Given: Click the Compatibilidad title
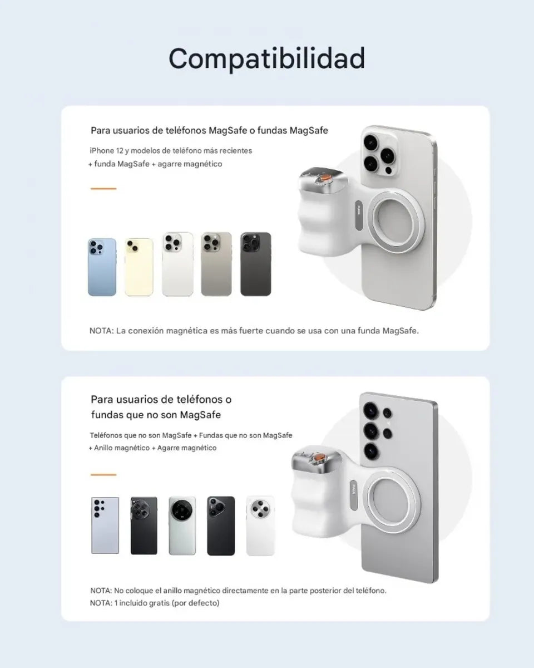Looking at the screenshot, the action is (x=267, y=58).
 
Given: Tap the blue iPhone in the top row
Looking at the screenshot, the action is (x=102, y=267).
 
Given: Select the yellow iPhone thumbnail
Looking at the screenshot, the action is (x=139, y=267).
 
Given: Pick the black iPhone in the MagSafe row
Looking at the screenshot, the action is (x=256, y=264).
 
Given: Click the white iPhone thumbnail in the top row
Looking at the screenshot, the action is (x=177, y=264).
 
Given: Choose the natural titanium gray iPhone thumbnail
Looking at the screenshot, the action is (x=216, y=264).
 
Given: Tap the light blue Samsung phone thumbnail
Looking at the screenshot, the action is (x=105, y=525).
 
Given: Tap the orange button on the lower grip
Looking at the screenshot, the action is (x=320, y=458).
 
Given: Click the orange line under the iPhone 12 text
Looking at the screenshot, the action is (x=103, y=188).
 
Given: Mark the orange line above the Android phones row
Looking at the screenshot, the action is (x=103, y=475).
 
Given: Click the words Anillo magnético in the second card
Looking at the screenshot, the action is (x=122, y=448).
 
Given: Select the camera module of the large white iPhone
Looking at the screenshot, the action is (x=379, y=154).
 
